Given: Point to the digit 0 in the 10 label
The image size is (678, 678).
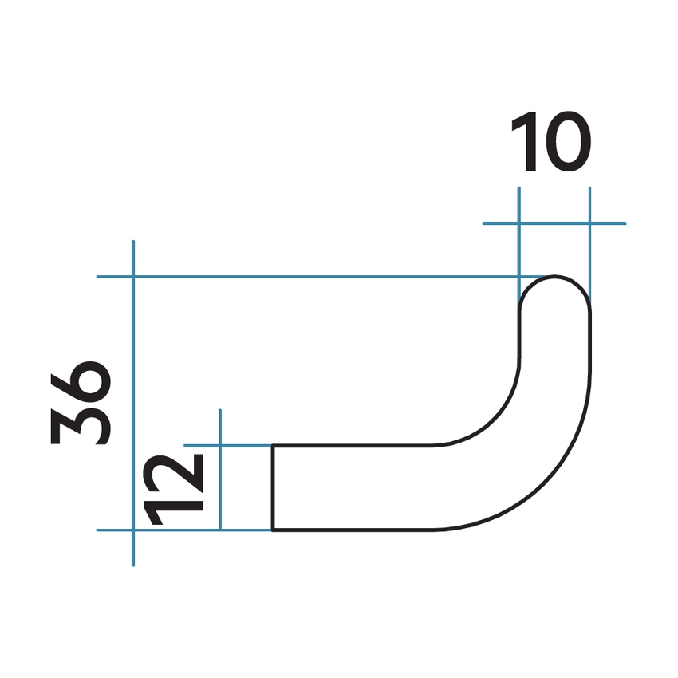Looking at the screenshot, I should click(566, 143).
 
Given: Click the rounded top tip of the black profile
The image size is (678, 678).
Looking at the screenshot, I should click(555, 278).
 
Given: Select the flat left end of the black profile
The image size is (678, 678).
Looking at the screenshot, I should click(274, 487).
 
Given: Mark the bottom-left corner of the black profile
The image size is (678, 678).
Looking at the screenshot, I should click(274, 529).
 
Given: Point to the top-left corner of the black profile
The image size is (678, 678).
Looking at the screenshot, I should click(274, 445).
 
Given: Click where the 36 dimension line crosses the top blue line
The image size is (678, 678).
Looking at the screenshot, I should click(133, 277).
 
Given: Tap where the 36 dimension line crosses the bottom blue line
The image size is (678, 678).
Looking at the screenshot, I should click(133, 529).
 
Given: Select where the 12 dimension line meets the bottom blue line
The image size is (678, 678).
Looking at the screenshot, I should click(219, 529).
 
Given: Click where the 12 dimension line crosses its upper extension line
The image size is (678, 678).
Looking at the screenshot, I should click(219, 445).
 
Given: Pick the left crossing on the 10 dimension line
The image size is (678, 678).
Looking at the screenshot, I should click(519, 223).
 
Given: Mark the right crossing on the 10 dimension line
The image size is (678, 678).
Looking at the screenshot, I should click(589, 223).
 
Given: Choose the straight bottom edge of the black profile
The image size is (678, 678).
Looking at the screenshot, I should click(359, 529).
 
